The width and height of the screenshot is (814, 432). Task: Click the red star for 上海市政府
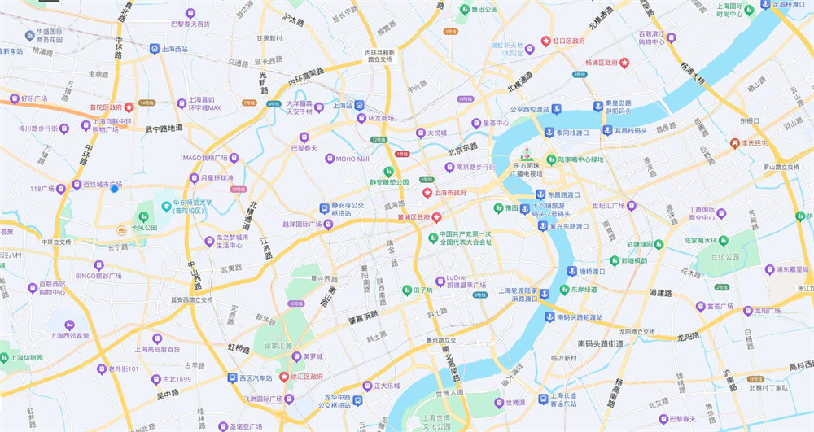[x=427, y=193]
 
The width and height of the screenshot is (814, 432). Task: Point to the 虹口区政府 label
[x=569, y=40]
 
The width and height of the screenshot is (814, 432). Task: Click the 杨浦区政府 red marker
[x=624, y=62]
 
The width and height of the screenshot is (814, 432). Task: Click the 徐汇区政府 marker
[x=284, y=377]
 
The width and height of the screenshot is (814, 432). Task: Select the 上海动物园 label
[x=36, y=357]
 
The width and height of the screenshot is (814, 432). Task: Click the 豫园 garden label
[x=511, y=208]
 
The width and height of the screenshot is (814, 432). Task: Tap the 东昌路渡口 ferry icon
[x=540, y=194]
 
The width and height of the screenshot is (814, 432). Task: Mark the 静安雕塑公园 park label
[x=387, y=183]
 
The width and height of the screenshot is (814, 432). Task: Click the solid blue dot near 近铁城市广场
[x=115, y=189]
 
